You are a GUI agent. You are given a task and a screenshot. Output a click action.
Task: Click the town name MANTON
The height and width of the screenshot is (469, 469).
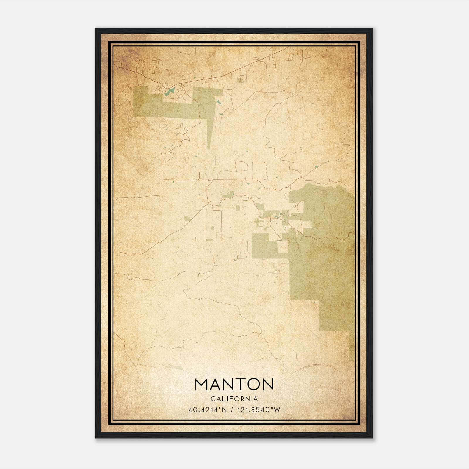[234, 384]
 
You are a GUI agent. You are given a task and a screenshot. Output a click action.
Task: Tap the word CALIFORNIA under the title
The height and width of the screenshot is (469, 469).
[234, 399]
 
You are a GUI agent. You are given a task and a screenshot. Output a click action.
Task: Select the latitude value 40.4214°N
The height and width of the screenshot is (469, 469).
[208, 410]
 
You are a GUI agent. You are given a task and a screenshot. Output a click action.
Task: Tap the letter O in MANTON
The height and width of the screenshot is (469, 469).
[253, 384]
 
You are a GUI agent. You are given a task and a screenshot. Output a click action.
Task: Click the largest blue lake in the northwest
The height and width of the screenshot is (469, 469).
[169, 92]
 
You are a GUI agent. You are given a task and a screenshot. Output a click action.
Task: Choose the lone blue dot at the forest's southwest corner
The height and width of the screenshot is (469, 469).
[315, 302]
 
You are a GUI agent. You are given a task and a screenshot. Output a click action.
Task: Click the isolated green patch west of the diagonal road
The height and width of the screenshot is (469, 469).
[187, 218]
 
